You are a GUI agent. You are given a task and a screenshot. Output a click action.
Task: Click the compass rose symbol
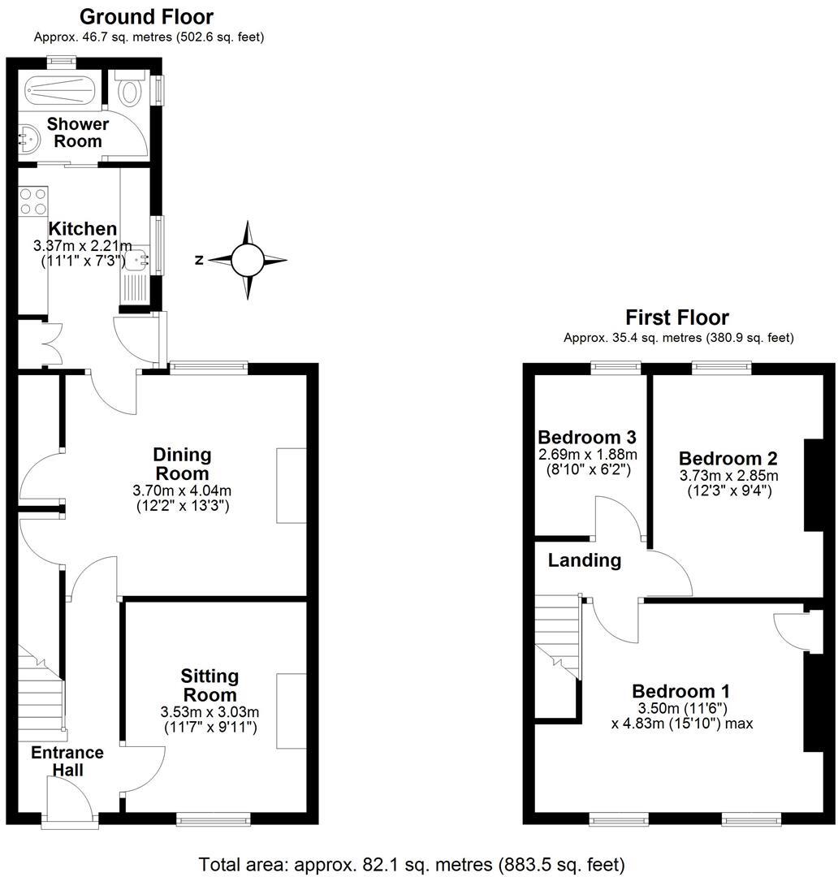coord(248,261)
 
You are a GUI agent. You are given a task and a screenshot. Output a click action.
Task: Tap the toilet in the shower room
coord(130,89)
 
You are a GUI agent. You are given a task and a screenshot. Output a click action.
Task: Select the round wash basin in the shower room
coord(30,137)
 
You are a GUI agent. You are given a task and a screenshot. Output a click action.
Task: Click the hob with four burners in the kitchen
coord(33,201)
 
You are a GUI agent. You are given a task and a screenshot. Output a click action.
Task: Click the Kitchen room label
coord(82,229)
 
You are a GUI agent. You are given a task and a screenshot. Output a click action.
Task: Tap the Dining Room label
coord(182,464)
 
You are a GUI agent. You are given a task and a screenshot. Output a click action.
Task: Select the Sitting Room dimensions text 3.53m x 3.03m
coord(209,712)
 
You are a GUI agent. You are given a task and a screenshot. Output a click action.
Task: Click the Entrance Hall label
coord(67,761)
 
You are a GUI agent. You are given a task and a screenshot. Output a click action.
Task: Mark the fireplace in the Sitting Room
coord(291,711)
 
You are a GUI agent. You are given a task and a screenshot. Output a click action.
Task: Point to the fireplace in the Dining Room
coord(291,485)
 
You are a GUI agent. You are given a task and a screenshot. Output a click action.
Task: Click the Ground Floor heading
coord(147,16)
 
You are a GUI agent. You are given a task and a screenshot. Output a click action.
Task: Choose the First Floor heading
coord(677,317)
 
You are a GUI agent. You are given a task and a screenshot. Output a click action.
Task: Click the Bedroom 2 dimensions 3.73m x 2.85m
coord(728,475)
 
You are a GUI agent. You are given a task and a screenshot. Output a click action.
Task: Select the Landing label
coord(584,559)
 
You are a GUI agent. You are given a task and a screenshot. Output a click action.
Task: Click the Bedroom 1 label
coord(680,691)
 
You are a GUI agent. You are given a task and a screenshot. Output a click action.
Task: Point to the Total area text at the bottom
coord(412,864)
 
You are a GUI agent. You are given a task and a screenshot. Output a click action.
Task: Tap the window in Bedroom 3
coord(616,367)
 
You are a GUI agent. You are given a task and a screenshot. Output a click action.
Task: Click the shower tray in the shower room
coord(60,89)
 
